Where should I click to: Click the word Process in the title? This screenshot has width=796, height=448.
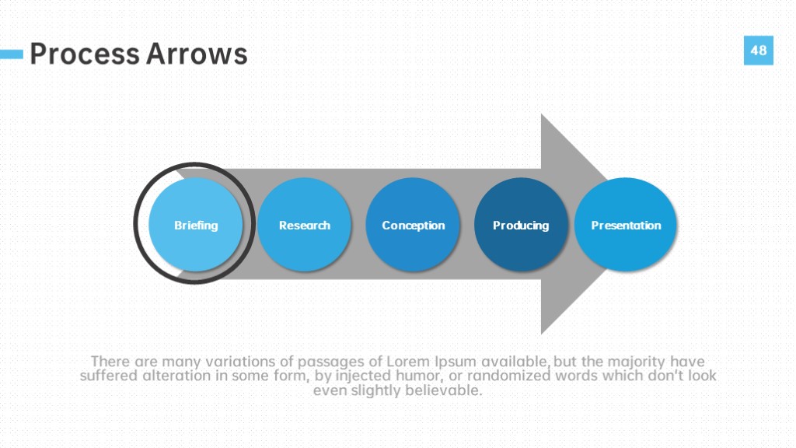84,54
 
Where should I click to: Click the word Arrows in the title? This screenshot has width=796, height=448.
197,54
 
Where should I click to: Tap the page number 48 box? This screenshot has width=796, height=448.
759,51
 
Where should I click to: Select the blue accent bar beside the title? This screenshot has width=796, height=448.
12,54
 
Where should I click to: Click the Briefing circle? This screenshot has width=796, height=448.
195,225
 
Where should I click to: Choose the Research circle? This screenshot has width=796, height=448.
304,225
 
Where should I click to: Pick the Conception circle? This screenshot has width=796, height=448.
413,225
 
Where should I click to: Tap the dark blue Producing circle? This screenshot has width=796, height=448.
521,225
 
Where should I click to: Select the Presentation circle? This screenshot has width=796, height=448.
626,225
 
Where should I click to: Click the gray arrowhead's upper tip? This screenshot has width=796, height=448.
542,114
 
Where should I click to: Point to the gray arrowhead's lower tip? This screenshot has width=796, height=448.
542,334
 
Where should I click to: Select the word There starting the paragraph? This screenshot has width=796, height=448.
110,362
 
